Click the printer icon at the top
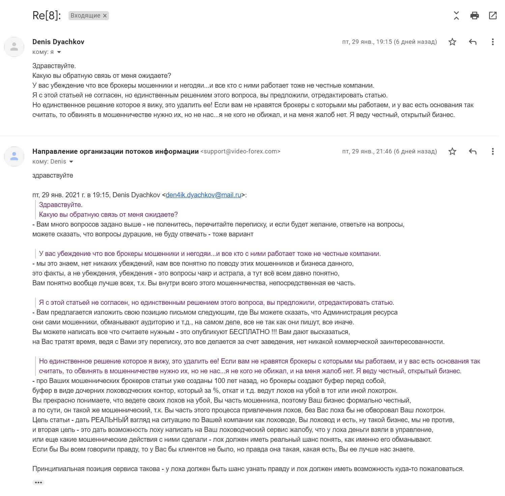(474, 16)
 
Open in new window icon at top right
(493, 16)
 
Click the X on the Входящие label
(105, 16)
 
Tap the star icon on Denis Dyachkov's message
(452, 42)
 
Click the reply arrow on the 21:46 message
(473, 151)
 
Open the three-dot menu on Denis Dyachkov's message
(493, 42)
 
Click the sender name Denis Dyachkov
(58, 42)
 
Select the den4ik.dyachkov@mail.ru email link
(203, 195)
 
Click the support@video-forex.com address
(240, 151)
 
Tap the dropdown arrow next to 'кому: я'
(59, 52)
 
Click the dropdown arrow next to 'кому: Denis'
(71, 162)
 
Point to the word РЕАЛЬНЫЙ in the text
(110, 420)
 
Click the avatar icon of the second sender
(14, 156)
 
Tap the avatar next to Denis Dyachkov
(14, 47)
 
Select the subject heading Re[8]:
(47, 16)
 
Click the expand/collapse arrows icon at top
(456, 16)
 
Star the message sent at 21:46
(452, 151)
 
